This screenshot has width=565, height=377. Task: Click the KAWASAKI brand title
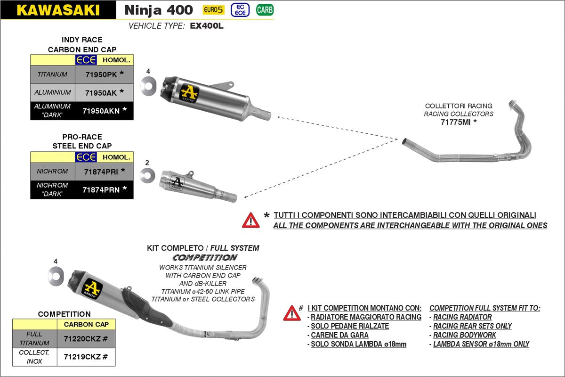pyautogui.click(x=58, y=10)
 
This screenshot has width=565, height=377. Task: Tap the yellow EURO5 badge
pyautogui.click(x=213, y=10)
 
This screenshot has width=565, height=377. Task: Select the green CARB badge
pyautogui.click(x=265, y=10)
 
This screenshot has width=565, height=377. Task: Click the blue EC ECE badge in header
pyautogui.click(x=240, y=10)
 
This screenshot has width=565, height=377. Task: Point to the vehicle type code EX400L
pyautogui.click(x=207, y=26)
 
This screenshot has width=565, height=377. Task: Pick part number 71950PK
pyautogui.click(x=101, y=74)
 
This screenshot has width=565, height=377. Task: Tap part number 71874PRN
pyautogui.click(x=101, y=189)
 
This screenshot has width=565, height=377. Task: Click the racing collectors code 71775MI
pyautogui.click(x=455, y=122)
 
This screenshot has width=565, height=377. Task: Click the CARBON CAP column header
pyautogui.click(x=86, y=324)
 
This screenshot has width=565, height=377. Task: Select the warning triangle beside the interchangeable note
pyautogui.click(x=250, y=220)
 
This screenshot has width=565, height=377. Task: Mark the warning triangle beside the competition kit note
pyautogui.click(x=291, y=313)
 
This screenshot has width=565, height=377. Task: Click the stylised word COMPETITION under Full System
pyautogui.click(x=204, y=257)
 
